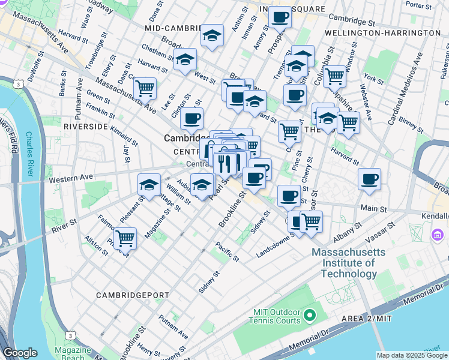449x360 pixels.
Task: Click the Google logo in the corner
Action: [20, 353]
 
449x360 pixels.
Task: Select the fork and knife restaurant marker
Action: [225, 163]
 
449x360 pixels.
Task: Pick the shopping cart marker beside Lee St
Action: [145, 88]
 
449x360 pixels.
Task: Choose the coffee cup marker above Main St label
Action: [369, 178]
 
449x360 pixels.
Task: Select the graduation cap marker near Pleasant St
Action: [149, 184]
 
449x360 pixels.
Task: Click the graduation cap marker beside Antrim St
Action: [212, 35]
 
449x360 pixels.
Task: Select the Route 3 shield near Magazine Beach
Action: [71, 335]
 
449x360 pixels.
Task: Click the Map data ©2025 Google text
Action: [412, 355]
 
